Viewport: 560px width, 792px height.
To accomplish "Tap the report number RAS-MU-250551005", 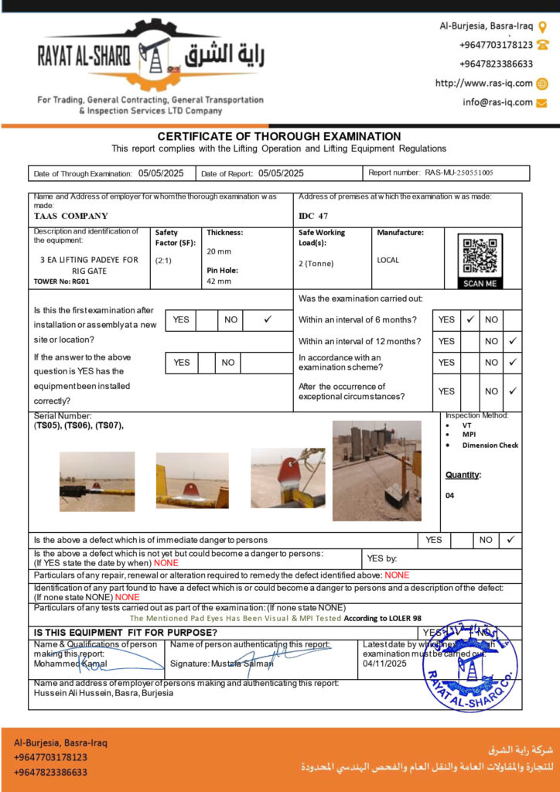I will [x=459, y=173].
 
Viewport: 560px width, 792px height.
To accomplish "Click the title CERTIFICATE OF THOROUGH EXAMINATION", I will [x=279, y=136].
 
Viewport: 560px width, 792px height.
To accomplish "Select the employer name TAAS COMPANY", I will [x=71, y=216].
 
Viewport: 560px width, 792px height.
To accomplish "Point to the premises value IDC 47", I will [x=313, y=216].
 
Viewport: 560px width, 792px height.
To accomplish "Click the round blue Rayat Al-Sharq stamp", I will [x=470, y=665].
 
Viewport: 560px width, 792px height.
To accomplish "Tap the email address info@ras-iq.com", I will [x=497, y=102].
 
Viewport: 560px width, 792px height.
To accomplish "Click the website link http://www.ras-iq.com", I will [x=483, y=84].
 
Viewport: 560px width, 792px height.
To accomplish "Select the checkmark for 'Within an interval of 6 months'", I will [x=470, y=319].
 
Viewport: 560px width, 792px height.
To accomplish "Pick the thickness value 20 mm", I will [x=218, y=251].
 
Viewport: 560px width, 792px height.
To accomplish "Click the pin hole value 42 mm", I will [x=218, y=281].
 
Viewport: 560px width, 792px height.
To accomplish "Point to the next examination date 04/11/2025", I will [x=384, y=664].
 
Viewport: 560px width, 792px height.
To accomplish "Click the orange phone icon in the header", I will [x=542, y=45].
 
